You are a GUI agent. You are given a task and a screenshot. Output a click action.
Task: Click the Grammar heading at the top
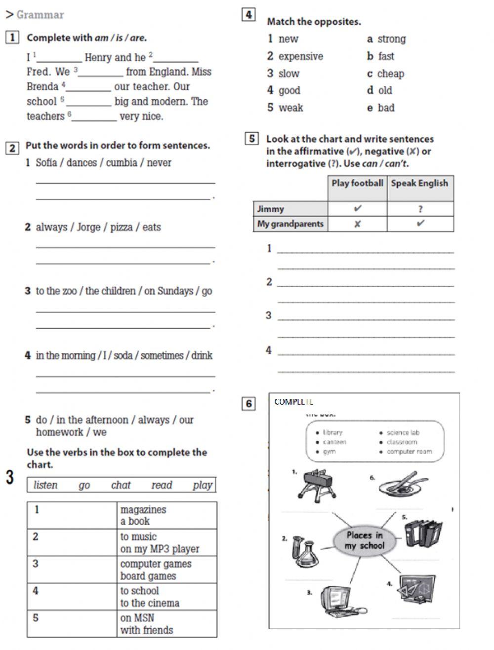pos(40,15)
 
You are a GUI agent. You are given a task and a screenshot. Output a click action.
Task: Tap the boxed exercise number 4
pos(249,15)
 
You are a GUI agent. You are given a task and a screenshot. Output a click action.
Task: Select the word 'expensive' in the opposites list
pos(300,56)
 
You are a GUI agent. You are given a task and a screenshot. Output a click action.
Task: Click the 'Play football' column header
pos(357,184)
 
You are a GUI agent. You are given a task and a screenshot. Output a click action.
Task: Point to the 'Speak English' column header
pos(419,184)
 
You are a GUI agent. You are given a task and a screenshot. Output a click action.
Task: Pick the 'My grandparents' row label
pos(290,224)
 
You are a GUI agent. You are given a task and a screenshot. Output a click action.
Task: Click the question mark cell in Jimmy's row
pos(420,209)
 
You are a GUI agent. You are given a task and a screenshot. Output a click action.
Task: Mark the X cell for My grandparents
pos(357,224)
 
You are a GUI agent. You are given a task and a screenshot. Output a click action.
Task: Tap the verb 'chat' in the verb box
pos(121,485)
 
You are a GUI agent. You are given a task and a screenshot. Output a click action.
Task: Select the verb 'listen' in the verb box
pos(45,485)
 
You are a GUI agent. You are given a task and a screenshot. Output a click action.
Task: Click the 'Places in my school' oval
pos(365,540)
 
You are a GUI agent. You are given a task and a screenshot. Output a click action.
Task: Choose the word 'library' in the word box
pos(332,433)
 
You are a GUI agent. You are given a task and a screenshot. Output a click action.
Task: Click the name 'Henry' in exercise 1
pos(98,58)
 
